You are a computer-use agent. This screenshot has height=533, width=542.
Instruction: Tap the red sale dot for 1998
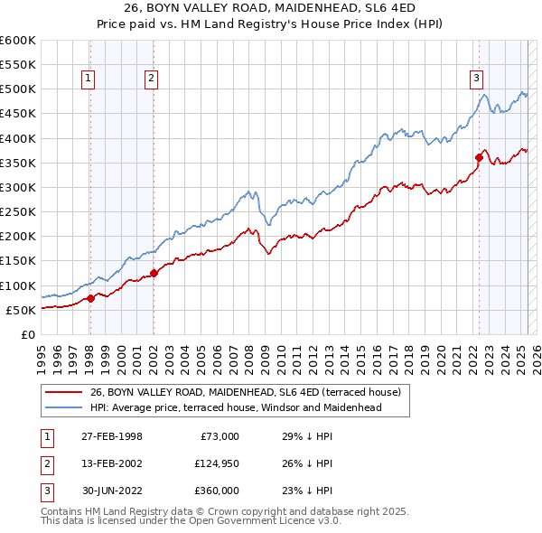(90, 298)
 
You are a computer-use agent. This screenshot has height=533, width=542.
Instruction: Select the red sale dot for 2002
(154, 273)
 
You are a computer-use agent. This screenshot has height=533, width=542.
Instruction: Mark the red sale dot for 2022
(478, 157)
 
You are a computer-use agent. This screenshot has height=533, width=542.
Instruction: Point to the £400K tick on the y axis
(18, 138)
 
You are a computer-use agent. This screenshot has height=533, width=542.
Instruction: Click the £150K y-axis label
(18, 261)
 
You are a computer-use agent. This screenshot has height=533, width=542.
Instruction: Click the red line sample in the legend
(63, 392)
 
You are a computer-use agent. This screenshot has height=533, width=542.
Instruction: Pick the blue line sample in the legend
(63, 407)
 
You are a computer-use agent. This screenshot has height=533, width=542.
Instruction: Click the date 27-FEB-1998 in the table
(111, 436)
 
